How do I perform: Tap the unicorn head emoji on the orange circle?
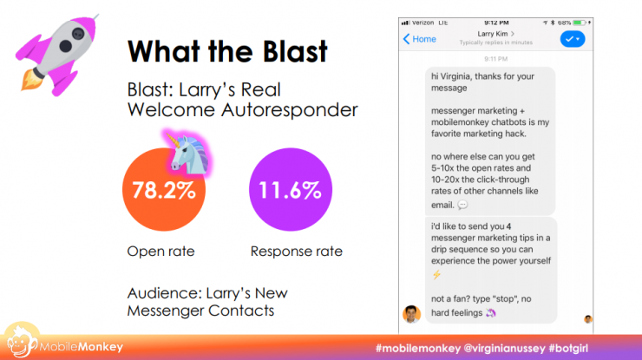[188, 154]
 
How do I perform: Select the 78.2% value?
[164, 191]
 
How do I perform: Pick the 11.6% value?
[290, 191]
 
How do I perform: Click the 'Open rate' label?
[160, 251]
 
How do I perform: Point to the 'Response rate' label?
[297, 251]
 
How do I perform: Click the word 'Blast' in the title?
[295, 51]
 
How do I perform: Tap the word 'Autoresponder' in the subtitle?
[290, 110]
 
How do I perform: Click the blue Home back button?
[420, 39]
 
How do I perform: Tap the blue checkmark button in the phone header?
[573, 39]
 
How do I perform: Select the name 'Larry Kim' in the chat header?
[493, 34]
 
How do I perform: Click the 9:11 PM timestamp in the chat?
[496, 59]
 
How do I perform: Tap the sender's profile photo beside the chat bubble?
[411, 314]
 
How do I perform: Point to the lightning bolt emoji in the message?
[437, 274]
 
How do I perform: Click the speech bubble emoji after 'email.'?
[462, 205]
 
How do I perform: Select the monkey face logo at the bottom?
[22, 342]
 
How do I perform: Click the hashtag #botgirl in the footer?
[568, 349]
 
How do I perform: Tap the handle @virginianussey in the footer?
[504, 349]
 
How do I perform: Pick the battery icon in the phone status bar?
[580, 23]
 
